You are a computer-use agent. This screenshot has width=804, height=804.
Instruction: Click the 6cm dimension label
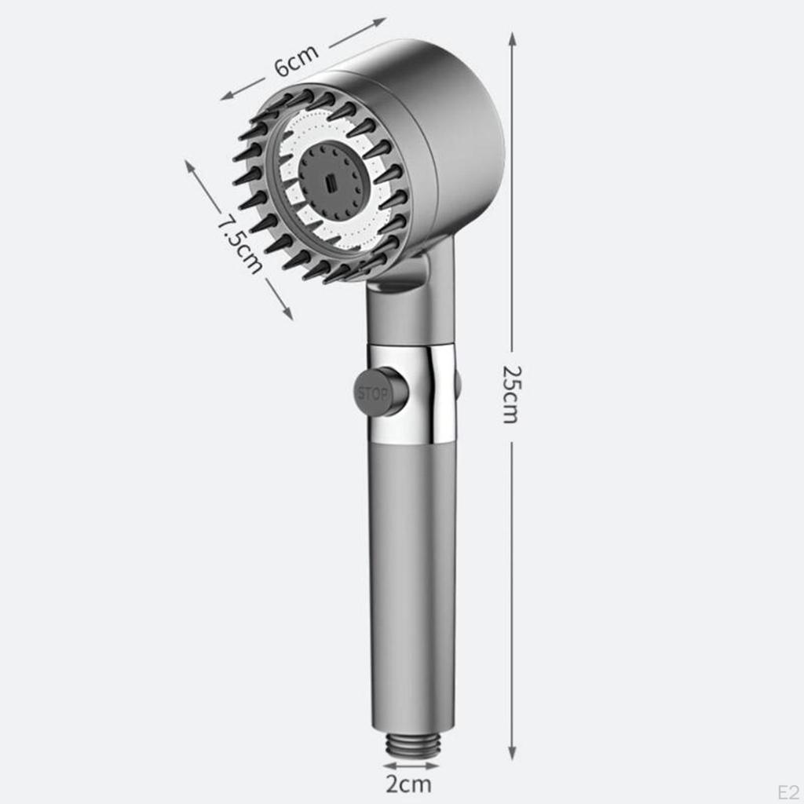(297, 61)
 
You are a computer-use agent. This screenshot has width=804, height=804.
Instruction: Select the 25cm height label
(511, 394)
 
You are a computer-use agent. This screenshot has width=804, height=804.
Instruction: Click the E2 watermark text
(788, 790)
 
